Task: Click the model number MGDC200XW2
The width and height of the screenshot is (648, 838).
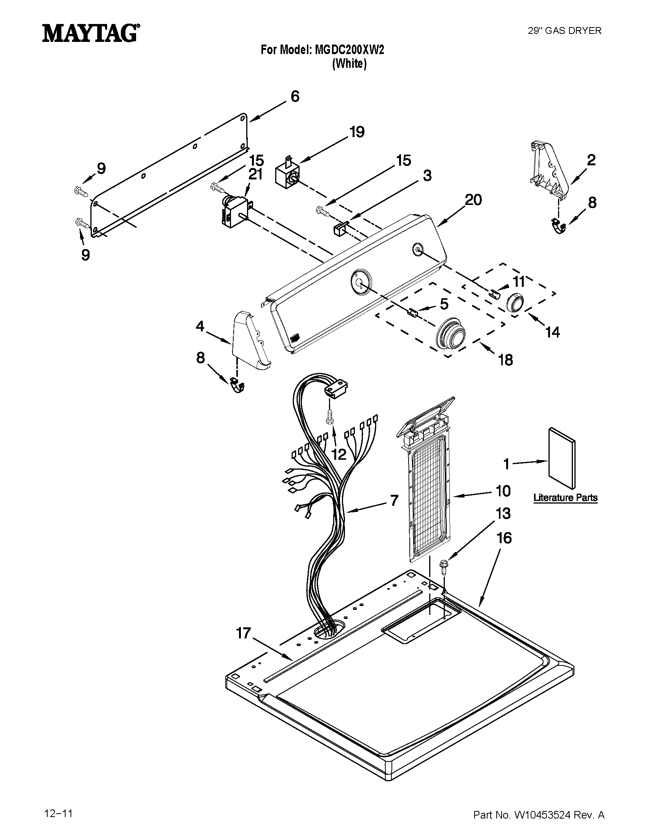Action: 349,50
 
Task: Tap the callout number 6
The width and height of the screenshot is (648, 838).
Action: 295,97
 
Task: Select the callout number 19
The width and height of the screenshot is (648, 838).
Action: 357,132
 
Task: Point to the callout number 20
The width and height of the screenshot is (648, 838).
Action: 473,200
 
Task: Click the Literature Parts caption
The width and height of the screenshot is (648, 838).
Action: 565,498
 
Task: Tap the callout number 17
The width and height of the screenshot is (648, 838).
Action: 244,633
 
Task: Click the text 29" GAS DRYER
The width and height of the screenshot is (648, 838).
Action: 565,31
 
